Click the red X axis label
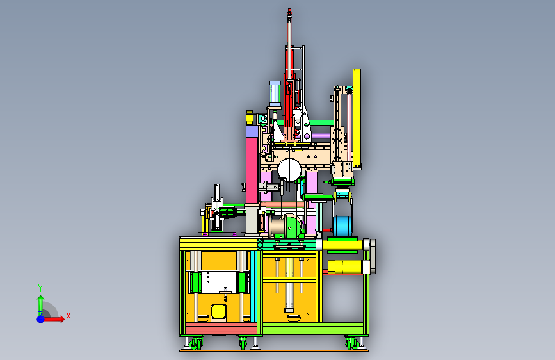coord(68,316)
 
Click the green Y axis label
coord(40,288)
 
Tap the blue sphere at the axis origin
coord(41,319)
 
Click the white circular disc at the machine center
coord(289,170)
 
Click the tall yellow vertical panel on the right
coord(357,119)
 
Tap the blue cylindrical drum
coord(342,225)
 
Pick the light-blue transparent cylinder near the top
coord(275,94)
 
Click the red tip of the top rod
coord(289,12)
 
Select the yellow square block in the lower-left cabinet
coord(218,311)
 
